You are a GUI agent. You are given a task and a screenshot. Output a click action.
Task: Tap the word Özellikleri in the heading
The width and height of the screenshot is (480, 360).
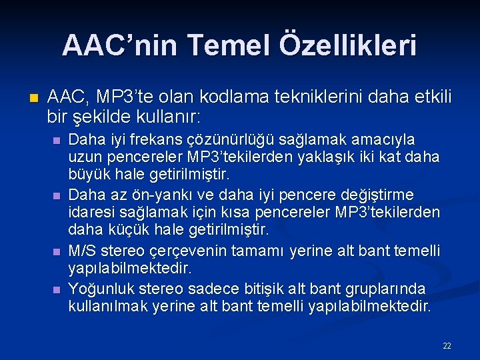coord(345,45)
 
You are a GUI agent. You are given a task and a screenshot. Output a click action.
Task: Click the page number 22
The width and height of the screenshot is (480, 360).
coord(447,345)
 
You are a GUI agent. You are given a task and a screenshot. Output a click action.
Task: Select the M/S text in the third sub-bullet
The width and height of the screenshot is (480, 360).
coord(82,251)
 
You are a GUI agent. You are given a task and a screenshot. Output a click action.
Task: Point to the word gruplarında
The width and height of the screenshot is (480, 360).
coord(385,289)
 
